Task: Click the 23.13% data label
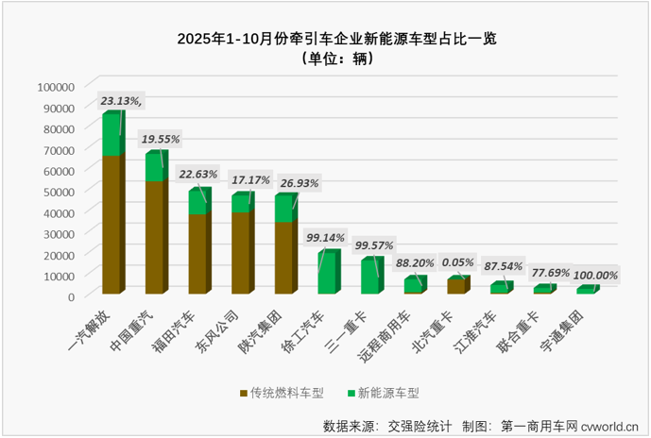[x=122, y=99]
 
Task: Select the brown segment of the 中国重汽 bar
[x=154, y=236]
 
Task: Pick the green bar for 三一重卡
[x=370, y=276]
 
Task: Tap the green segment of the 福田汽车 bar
[x=197, y=203]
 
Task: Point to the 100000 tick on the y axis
[x=55, y=86]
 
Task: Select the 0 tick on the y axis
[x=70, y=295]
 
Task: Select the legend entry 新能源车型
[x=381, y=392]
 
